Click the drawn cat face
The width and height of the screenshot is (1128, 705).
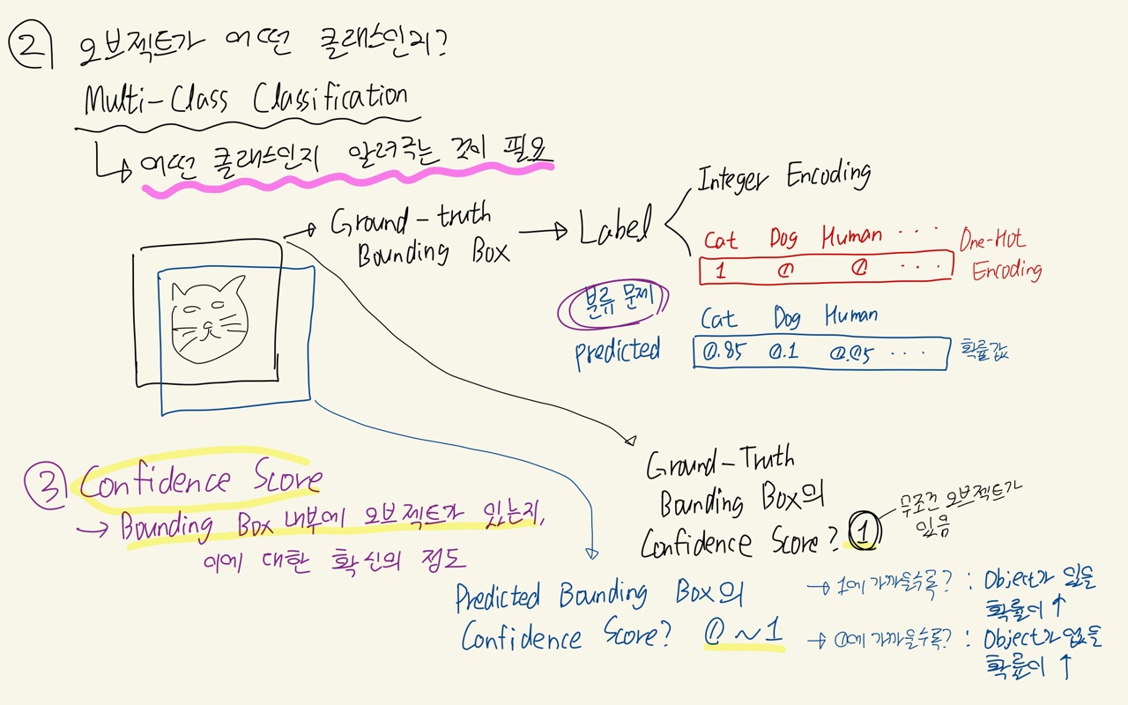tap(208, 319)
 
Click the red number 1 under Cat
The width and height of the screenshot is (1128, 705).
tap(721, 271)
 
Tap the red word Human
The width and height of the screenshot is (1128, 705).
tap(851, 236)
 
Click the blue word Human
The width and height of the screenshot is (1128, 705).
tap(851, 315)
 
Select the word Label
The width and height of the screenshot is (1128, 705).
tap(613, 226)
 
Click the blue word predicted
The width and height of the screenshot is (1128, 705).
tap(617, 352)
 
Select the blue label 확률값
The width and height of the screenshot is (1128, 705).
tap(984, 352)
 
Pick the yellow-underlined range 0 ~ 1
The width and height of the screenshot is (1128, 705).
tap(743, 633)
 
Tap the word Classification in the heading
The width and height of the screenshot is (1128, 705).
tap(330, 98)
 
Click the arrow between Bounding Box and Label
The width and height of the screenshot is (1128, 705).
tap(544, 233)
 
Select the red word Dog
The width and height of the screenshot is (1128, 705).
tap(783, 238)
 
